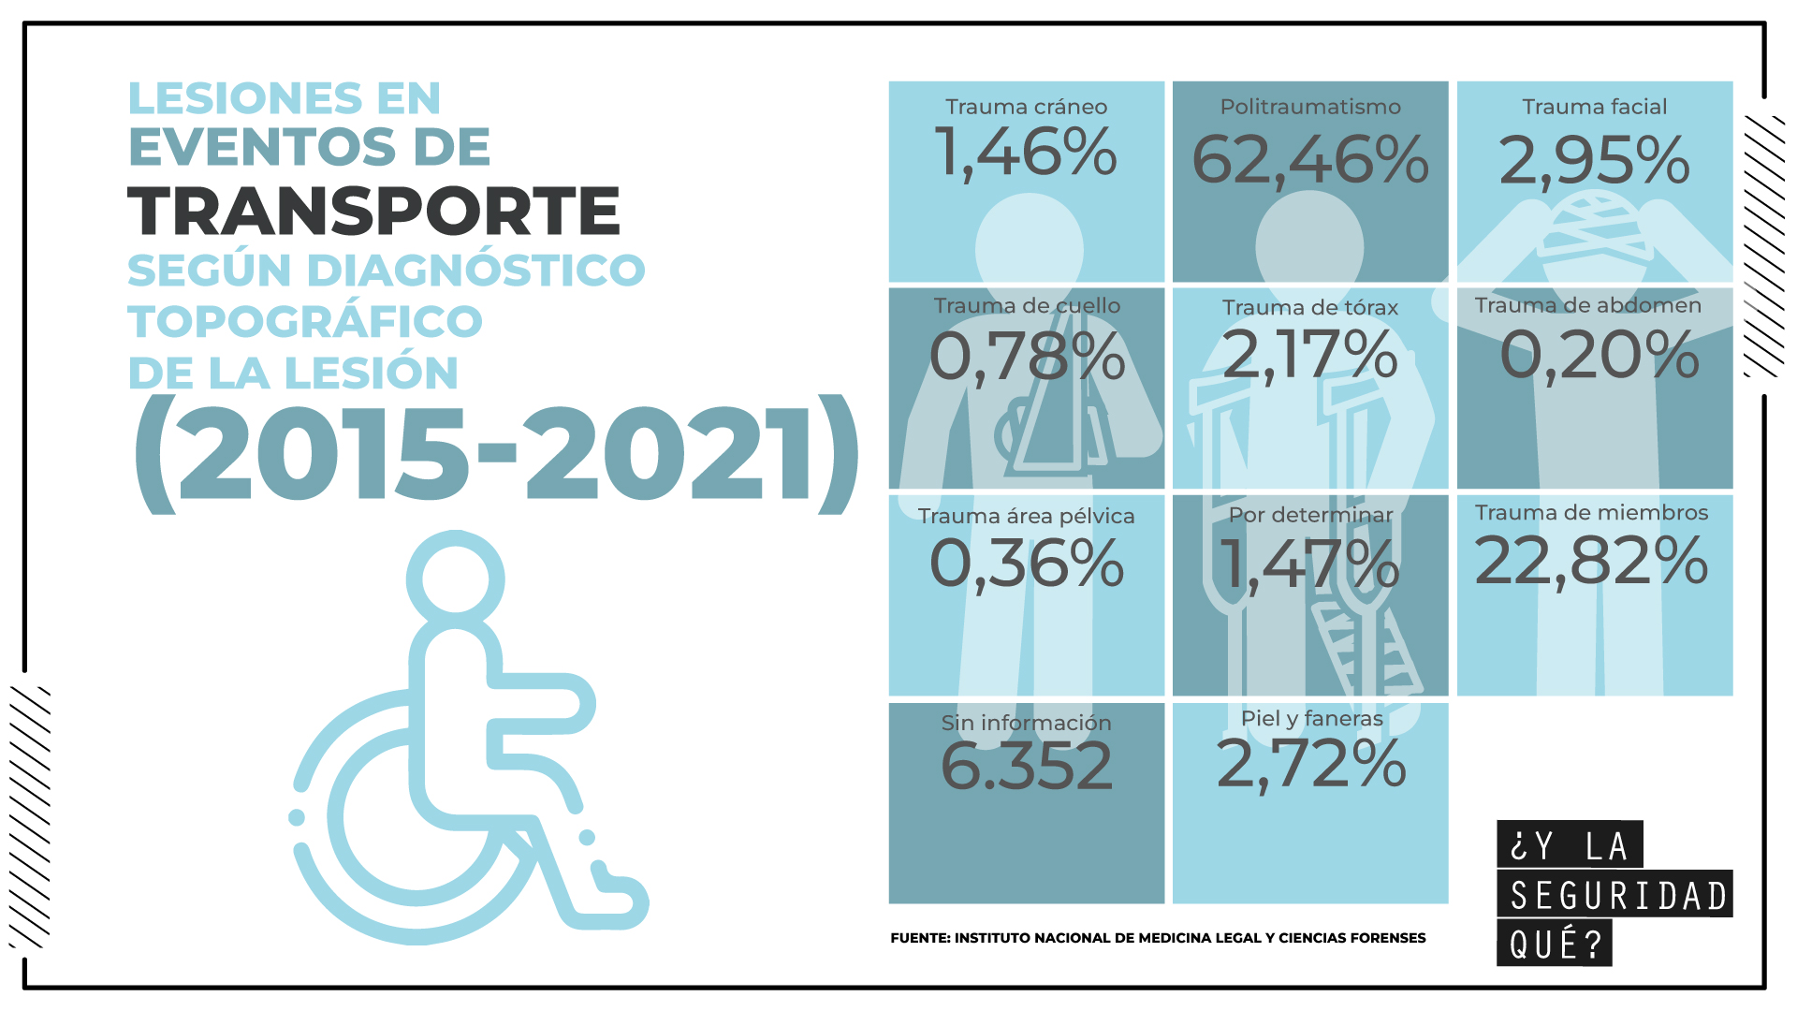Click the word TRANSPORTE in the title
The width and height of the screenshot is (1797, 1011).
(373, 212)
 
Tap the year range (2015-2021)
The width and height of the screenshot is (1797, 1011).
(496, 456)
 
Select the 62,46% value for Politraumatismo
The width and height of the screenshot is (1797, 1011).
(1310, 160)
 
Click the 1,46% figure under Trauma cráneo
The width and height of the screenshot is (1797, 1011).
(1026, 153)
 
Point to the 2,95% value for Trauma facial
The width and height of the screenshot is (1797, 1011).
(1594, 160)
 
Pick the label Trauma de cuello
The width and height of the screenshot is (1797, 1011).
(1027, 306)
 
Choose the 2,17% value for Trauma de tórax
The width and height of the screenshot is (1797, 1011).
(1309, 355)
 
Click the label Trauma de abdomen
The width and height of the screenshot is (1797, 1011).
(1587, 305)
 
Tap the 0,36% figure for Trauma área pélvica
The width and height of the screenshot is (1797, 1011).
(1027, 564)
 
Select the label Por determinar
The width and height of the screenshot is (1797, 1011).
(1310, 515)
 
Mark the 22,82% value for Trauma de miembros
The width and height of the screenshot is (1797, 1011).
(1591, 562)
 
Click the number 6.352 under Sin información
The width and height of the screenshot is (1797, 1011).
(1027, 766)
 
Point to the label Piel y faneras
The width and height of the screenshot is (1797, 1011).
(1311, 719)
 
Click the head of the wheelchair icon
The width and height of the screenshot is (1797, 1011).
(456, 579)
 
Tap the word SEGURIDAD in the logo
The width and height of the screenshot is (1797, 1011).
(1618, 896)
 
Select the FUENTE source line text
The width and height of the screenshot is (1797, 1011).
(1158, 938)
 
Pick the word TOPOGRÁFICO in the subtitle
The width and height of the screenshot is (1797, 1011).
(305, 322)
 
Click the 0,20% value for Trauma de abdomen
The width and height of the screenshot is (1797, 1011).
(1600, 356)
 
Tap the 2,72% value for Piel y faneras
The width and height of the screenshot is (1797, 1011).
(1311, 765)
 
